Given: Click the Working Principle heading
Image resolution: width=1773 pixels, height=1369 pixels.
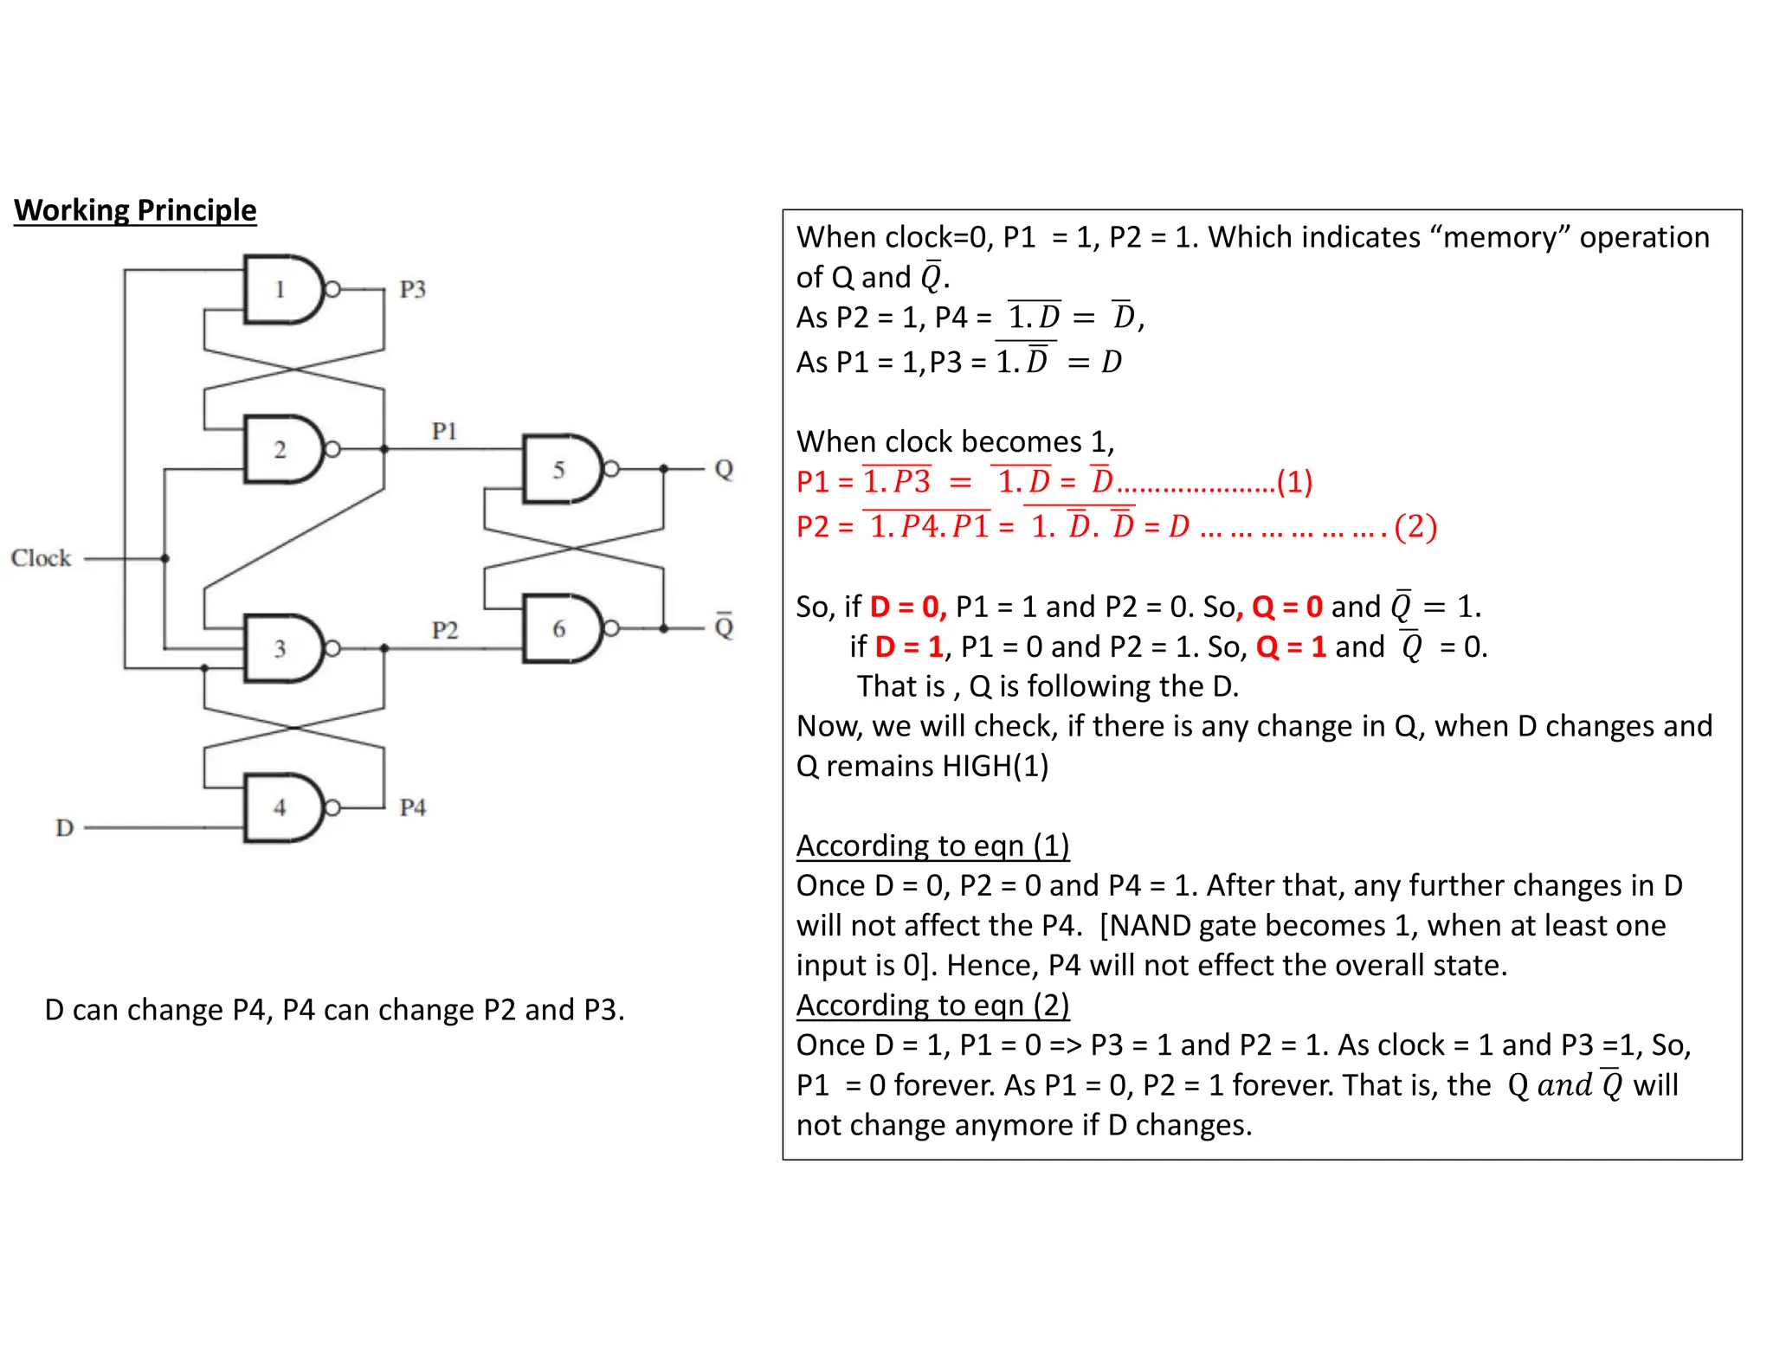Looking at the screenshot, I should click(x=135, y=210).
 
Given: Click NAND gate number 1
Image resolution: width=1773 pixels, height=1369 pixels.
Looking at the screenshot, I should click(x=281, y=290).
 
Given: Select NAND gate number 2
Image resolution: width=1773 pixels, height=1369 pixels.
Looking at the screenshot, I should click(x=281, y=450).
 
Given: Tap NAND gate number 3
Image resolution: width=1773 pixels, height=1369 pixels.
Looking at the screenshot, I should click(x=281, y=649).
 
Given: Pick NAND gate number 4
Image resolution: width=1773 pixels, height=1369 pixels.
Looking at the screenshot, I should click(x=281, y=808).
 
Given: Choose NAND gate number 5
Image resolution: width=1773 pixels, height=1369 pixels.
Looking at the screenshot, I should click(x=560, y=470).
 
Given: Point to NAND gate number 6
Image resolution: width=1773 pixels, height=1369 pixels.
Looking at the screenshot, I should click(x=560, y=629).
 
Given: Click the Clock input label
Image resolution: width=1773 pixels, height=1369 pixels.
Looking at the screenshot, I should click(x=41, y=558).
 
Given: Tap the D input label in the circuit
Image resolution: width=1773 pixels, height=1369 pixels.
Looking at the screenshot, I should click(x=64, y=828).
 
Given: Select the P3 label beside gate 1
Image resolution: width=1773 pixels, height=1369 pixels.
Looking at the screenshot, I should click(x=413, y=289).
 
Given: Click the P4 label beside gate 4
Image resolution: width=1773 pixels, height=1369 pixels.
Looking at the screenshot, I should click(x=413, y=808).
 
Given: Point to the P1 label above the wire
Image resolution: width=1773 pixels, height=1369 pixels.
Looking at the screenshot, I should click(x=444, y=431).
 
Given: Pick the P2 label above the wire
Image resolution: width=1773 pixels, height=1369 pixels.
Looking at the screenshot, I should click(x=444, y=630).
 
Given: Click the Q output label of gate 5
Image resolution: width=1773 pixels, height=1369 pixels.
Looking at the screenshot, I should click(x=724, y=470).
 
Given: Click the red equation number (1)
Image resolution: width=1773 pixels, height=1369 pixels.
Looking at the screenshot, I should click(x=1294, y=482).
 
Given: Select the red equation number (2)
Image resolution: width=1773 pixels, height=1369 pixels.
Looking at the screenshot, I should click(x=1415, y=526).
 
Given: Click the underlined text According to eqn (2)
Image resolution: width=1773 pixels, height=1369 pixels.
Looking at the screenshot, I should click(x=932, y=1006).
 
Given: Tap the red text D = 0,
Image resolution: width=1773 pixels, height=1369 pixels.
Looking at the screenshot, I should click(x=908, y=607).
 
